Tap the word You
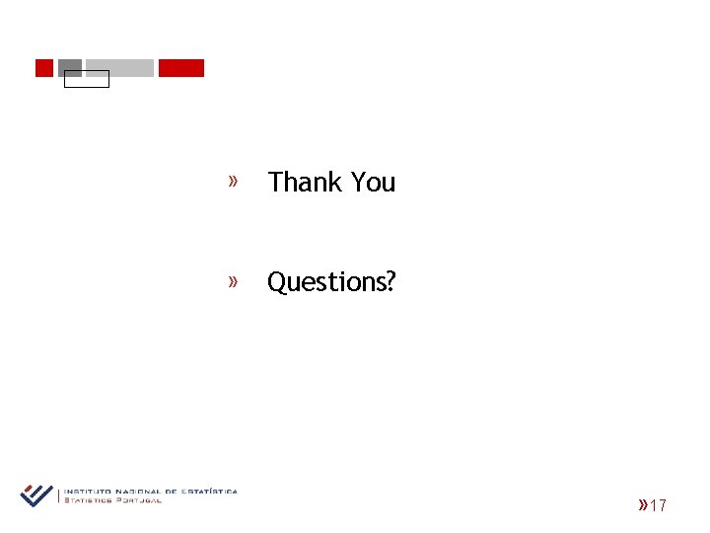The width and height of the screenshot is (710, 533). click(x=373, y=183)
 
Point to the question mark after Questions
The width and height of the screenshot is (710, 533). click(x=390, y=282)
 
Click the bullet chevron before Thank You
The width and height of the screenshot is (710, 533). click(x=234, y=181)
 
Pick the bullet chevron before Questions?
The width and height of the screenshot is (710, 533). click(x=234, y=281)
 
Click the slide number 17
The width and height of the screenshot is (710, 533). click(x=659, y=506)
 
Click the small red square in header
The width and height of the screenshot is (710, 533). click(x=43, y=68)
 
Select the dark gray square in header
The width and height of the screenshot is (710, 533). click(x=70, y=66)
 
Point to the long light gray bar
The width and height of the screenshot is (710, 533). click(x=119, y=68)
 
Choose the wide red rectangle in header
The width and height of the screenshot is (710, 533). click(x=181, y=68)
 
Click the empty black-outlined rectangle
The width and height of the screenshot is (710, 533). click(x=87, y=79)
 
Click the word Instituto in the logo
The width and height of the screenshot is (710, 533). click(x=87, y=491)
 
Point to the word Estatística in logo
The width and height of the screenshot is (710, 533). click(x=210, y=491)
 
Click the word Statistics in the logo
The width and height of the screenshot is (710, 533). click(x=89, y=499)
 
